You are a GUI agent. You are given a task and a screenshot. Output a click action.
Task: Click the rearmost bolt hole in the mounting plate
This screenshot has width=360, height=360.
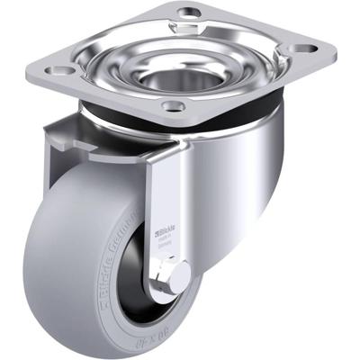(189, 13)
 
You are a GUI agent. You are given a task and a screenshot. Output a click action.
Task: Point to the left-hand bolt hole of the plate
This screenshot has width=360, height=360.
(61, 69)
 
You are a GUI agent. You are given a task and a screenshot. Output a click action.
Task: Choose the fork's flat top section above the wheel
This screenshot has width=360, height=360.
(99, 144)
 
